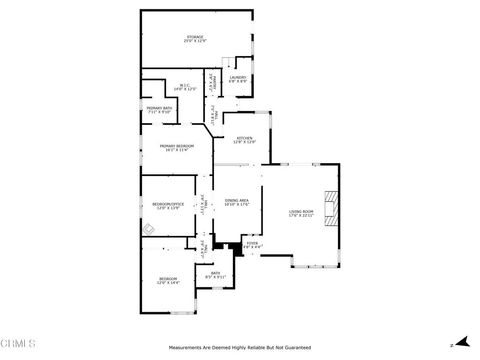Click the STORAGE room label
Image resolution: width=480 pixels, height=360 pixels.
click(x=193, y=37)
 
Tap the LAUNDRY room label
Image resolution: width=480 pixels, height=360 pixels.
click(x=238, y=77)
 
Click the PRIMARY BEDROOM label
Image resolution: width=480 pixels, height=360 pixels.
click(x=176, y=146)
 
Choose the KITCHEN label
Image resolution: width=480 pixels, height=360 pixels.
click(x=244, y=139)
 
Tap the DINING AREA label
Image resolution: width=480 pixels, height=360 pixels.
click(x=237, y=200)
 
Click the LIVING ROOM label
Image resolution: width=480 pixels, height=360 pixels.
click(x=302, y=211)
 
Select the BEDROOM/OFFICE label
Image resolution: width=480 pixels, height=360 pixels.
click(x=167, y=204)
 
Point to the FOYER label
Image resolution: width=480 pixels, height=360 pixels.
click(x=252, y=243)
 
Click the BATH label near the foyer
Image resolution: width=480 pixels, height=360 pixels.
click(x=215, y=273)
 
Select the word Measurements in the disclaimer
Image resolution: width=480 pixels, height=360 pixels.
click(x=184, y=348)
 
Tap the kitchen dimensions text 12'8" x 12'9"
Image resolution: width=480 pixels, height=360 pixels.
click(x=244, y=144)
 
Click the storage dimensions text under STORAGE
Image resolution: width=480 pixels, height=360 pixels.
click(x=193, y=42)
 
